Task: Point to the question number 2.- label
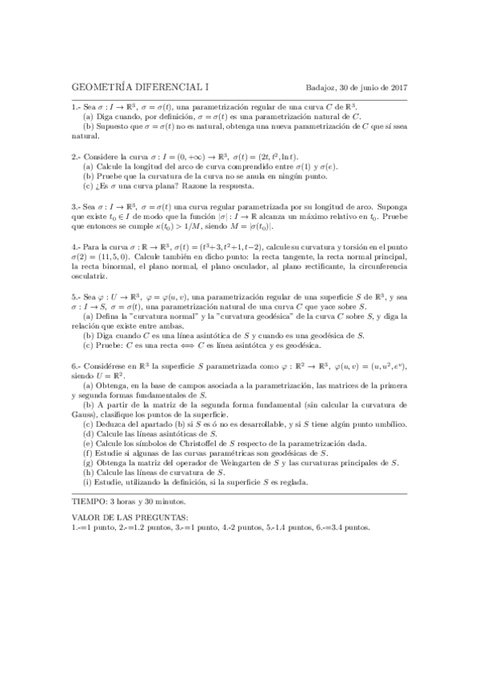tap(76, 158)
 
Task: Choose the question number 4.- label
tap(76, 257)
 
